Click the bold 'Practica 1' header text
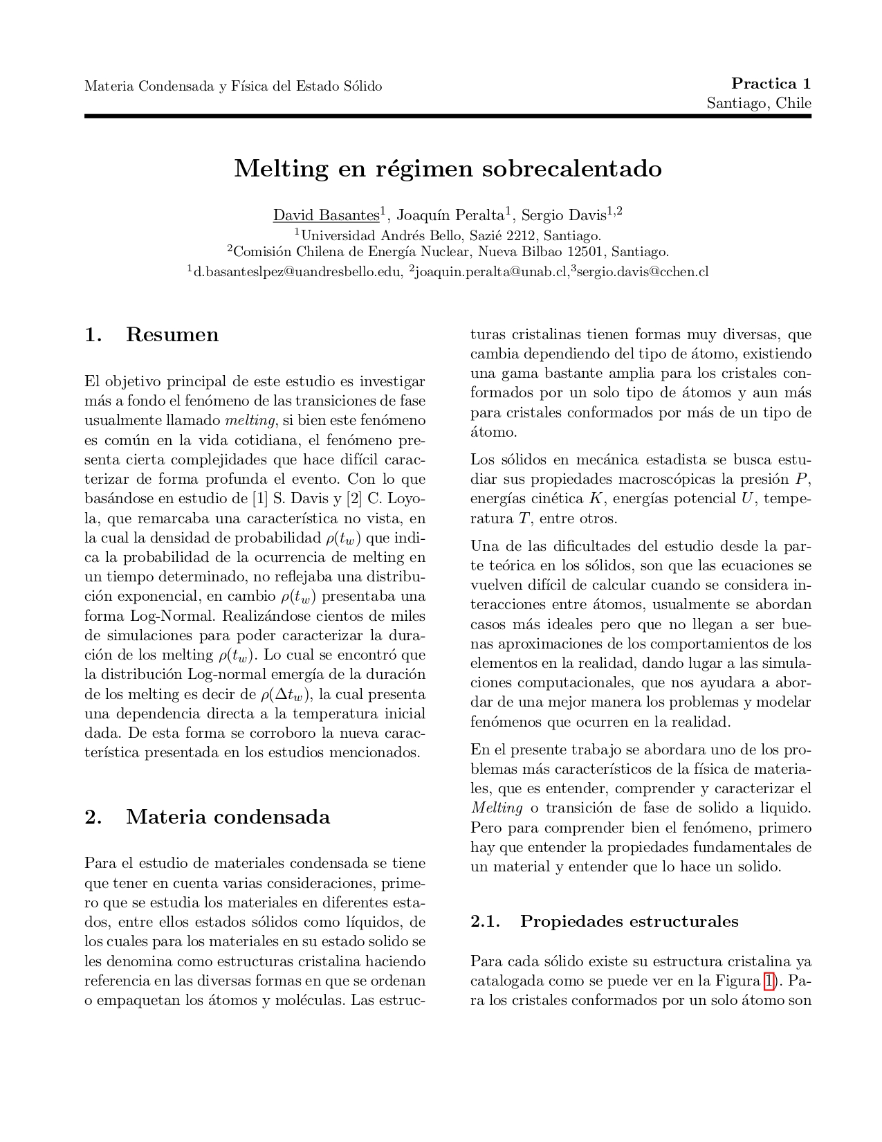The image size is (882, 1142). [x=771, y=84]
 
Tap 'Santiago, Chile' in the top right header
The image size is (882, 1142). [x=758, y=103]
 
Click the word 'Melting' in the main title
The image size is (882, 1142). [x=281, y=168]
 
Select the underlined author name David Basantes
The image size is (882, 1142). [x=326, y=215]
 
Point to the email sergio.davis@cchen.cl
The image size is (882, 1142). [x=642, y=272]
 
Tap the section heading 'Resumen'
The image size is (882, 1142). [x=172, y=335]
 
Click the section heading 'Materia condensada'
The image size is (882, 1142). [x=228, y=817]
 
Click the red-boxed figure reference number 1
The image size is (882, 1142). [x=769, y=981]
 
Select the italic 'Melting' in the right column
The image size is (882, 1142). [x=497, y=808]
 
